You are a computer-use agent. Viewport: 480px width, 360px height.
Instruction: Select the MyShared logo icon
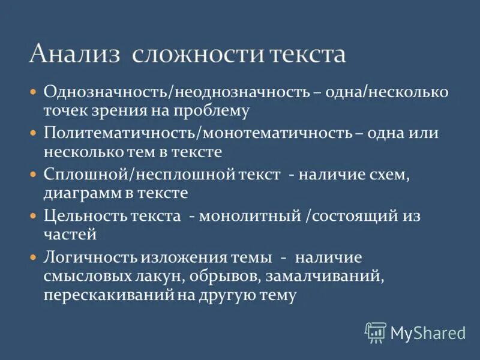(376, 332)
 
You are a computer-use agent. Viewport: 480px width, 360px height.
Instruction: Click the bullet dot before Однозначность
(34, 92)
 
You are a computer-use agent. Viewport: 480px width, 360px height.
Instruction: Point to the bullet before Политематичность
(34, 133)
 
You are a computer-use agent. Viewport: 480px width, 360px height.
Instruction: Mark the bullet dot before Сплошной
(34, 174)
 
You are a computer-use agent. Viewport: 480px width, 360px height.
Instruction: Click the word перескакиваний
(107, 296)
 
